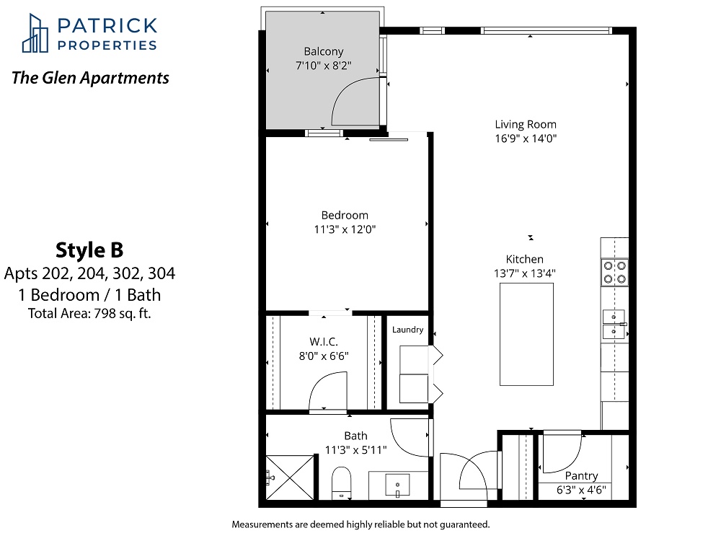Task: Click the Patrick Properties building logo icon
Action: click(35, 33)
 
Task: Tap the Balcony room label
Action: click(324, 51)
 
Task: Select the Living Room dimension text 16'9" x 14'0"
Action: click(526, 138)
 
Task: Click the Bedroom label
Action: click(345, 215)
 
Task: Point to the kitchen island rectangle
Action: click(526, 334)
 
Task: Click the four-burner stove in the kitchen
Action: click(615, 273)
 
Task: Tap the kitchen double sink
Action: click(614, 324)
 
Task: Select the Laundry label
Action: click(408, 330)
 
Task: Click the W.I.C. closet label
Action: click(324, 342)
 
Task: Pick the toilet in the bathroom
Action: click(341, 483)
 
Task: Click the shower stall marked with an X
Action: click(290, 478)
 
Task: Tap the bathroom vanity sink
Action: click(397, 485)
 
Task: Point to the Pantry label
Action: click(581, 476)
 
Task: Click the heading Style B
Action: click(89, 250)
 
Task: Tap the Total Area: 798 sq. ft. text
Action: click(89, 314)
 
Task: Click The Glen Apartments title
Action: click(90, 78)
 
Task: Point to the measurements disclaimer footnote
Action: click(361, 524)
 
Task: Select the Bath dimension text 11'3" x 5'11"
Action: click(356, 450)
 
